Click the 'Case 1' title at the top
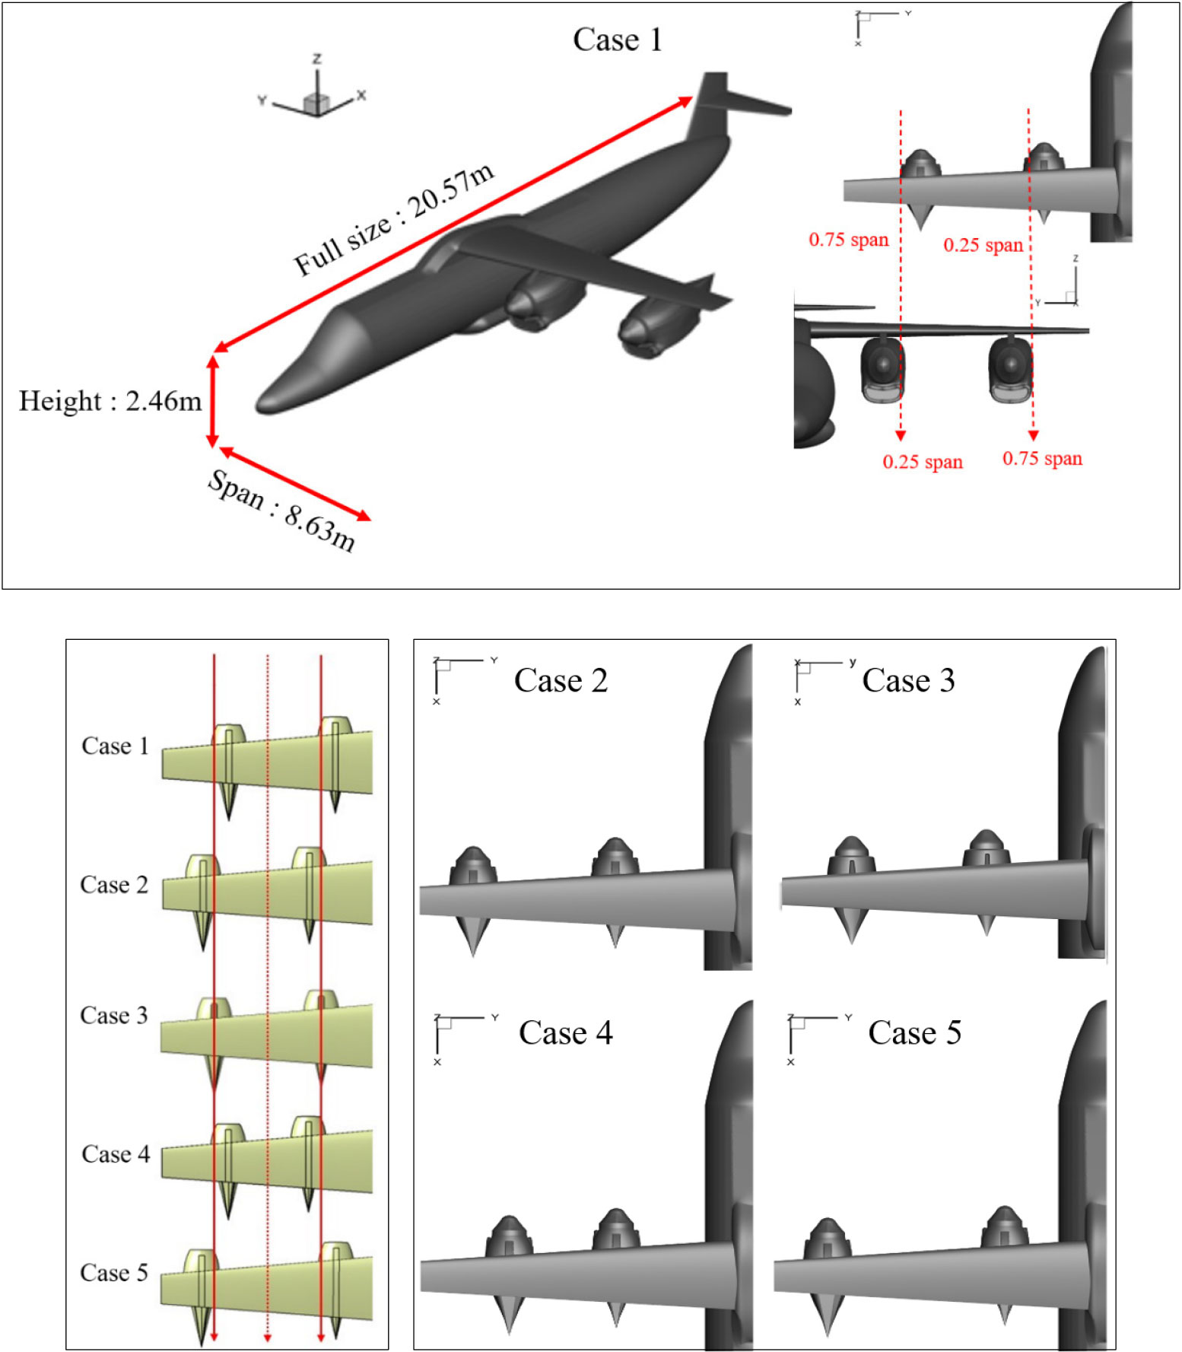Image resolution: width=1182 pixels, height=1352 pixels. [617, 40]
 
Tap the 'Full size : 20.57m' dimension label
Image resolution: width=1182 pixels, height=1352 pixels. [394, 220]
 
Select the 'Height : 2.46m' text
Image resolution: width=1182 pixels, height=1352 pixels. [110, 401]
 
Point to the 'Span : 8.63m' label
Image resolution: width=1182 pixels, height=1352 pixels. [281, 511]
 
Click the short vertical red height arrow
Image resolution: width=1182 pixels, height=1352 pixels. [213, 401]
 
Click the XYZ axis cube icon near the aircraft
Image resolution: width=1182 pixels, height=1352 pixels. [315, 102]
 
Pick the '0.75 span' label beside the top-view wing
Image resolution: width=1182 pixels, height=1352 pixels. [848, 240]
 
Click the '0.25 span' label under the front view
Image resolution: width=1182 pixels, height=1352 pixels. [922, 462]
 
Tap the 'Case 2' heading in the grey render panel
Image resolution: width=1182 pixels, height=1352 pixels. [561, 680]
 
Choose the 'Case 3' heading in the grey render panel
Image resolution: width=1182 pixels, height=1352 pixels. [908, 680]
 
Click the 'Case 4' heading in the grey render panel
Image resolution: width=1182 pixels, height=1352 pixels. [565, 1032]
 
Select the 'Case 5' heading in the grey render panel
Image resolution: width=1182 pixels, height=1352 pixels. [914, 1032]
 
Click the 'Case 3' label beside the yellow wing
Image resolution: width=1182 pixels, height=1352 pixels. [114, 1016]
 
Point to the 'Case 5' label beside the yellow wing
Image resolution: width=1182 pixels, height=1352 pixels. [114, 1273]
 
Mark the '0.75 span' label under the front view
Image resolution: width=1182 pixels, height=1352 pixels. [1042, 459]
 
